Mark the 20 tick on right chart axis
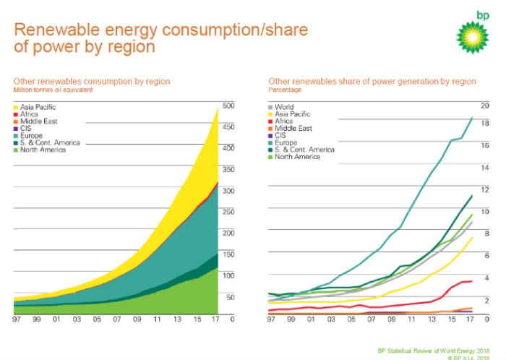pyautogui.click(x=486, y=106)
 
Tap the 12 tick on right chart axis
pyautogui.click(x=486, y=189)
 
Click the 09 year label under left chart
pyautogui.click(x=137, y=318)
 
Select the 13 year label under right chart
pyautogui.click(x=432, y=318)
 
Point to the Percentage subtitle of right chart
pyautogui.click(x=285, y=90)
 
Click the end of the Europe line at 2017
pyautogui.click(x=472, y=117)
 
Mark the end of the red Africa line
pyautogui.click(x=472, y=280)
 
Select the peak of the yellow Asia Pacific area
pyautogui.click(x=218, y=108)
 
